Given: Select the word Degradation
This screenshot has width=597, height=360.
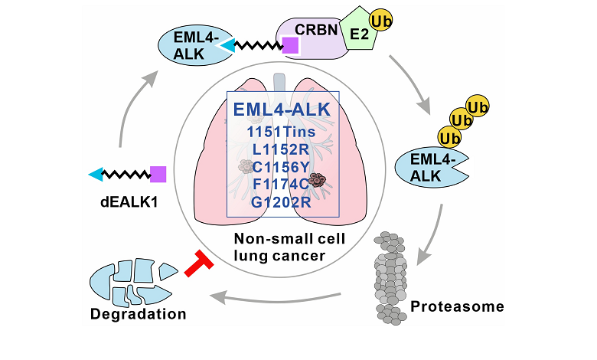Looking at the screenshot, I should click(138, 315).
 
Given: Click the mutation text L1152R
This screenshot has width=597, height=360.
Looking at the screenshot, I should click(282, 149).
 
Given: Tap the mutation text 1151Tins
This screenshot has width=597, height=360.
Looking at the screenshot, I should click(282, 132).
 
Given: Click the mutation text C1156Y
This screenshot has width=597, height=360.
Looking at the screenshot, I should click(282, 167).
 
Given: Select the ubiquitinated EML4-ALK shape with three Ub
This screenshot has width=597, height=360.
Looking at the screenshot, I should click(426, 169).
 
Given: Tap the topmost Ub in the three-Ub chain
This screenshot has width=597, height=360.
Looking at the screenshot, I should click(479, 106).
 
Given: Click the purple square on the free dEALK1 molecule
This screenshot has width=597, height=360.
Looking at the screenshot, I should click(158, 174).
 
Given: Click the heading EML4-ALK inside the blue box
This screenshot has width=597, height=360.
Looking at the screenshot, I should click(282, 110).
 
